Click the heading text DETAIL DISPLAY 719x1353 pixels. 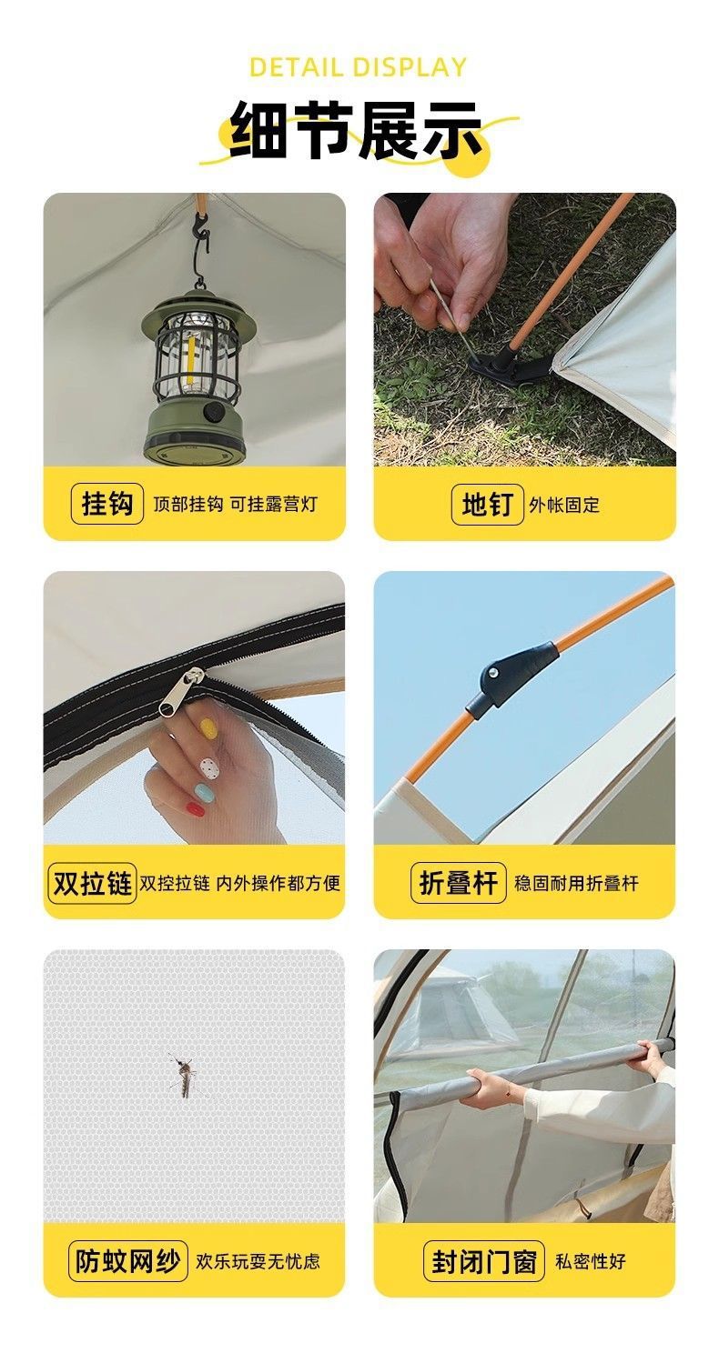[x=358, y=67]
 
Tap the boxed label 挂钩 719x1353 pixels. [x=107, y=504]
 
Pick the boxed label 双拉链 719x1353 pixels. [x=92, y=883]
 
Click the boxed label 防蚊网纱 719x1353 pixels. [x=128, y=1262]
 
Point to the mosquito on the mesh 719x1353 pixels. [x=185, y=1076]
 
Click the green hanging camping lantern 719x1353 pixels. [x=193, y=377]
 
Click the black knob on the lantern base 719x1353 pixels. [x=215, y=411]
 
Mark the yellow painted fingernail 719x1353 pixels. [x=208, y=728]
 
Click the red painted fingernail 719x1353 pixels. [x=195, y=808]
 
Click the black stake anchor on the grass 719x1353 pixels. [x=496, y=367]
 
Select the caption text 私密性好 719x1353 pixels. [x=591, y=1262]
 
